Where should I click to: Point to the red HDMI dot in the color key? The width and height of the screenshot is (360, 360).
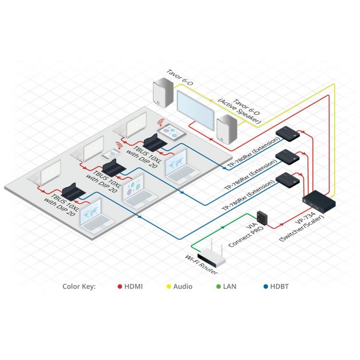tap(120, 286)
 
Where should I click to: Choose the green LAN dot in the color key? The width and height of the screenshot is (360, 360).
tap(218, 286)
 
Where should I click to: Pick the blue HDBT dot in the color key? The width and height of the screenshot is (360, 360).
tap(266, 286)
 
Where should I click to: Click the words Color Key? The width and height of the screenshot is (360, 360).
tap(79, 286)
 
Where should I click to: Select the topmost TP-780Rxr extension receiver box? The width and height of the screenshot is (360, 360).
tap(288, 134)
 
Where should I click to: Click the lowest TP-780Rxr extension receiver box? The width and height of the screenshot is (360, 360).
tap(288, 180)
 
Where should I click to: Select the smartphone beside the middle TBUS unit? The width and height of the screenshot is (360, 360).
tap(110, 154)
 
